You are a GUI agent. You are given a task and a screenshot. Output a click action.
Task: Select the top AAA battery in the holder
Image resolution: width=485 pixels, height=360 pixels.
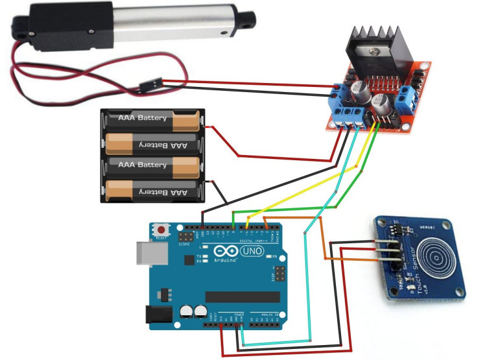click(x=150, y=119)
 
